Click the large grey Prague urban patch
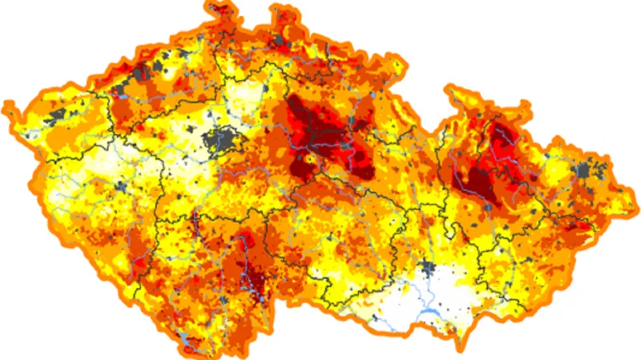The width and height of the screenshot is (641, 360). point(223,142)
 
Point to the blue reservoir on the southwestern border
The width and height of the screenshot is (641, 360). point(185,346)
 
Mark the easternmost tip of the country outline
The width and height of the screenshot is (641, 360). point(633,192)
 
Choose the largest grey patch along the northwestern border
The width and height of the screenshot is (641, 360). point(143,73)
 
